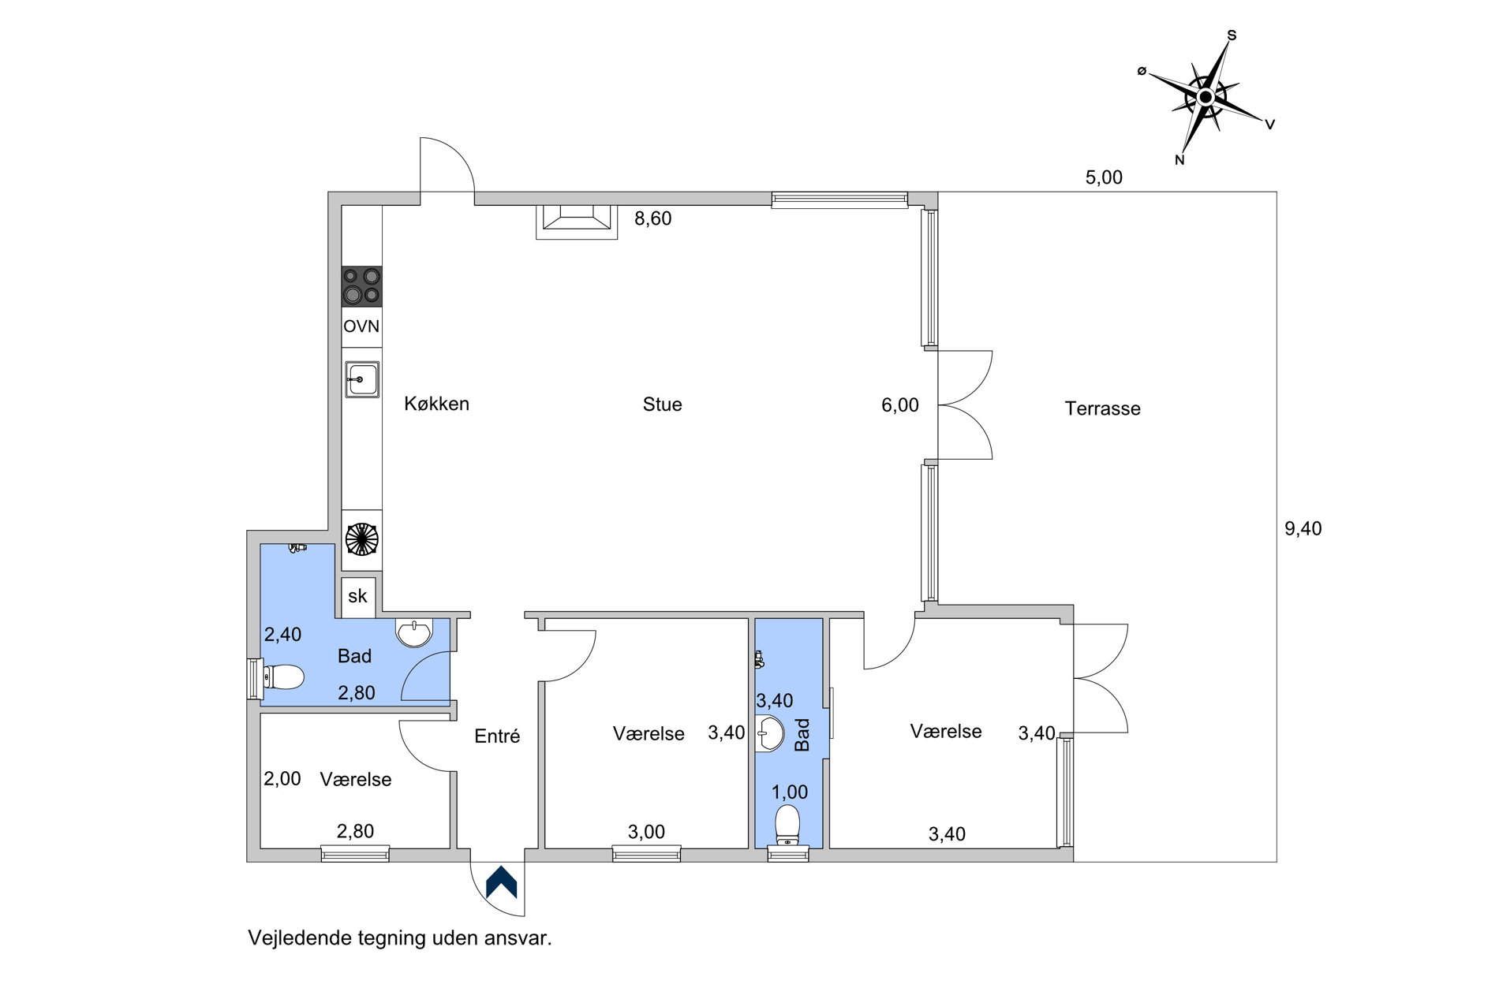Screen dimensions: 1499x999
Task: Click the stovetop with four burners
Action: click(361, 286)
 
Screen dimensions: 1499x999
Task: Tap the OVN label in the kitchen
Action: click(361, 326)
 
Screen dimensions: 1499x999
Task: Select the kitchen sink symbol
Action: click(362, 379)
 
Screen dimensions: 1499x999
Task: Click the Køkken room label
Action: click(436, 404)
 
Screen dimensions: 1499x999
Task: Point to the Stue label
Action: click(662, 404)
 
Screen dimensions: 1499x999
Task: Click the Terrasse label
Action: click(1102, 408)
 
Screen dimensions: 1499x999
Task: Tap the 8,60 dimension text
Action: click(652, 218)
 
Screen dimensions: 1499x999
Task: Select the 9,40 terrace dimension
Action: click(1303, 528)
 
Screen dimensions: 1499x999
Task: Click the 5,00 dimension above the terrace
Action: click(1104, 177)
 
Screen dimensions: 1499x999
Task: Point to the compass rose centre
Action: click(1205, 97)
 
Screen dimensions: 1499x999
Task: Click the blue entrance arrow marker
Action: click(501, 882)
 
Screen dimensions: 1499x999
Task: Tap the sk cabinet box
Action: click(358, 597)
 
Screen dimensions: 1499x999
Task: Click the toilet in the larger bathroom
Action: click(282, 677)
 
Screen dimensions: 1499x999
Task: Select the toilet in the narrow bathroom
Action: click(787, 825)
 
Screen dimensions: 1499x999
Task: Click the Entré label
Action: click(497, 736)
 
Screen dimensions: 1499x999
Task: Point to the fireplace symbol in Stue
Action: click(577, 222)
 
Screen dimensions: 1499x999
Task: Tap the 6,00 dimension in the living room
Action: click(900, 405)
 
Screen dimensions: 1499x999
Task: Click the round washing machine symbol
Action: click(362, 539)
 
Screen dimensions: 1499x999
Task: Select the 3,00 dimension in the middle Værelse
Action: click(646, 832)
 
